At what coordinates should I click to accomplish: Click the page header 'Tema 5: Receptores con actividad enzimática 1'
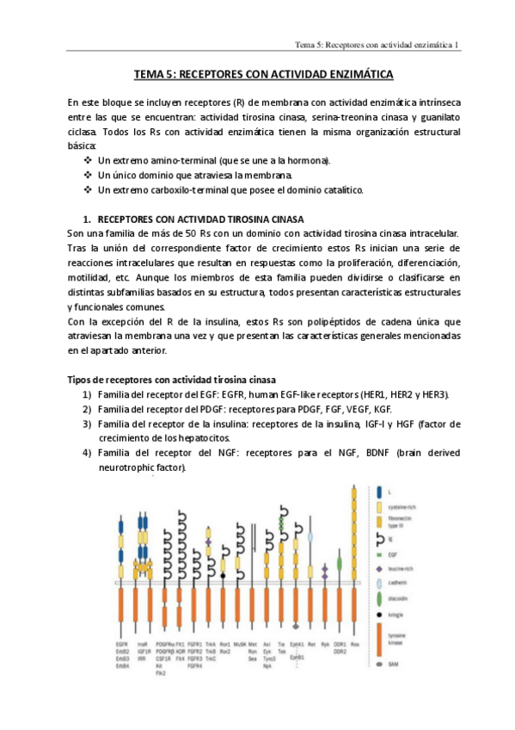pyautogui.click(x=377, y=44)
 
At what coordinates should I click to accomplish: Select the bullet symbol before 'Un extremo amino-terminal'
pyautogui.click(x=88, y=160)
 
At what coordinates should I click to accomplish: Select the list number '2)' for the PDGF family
pyautogui.click(x=87, y=409)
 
